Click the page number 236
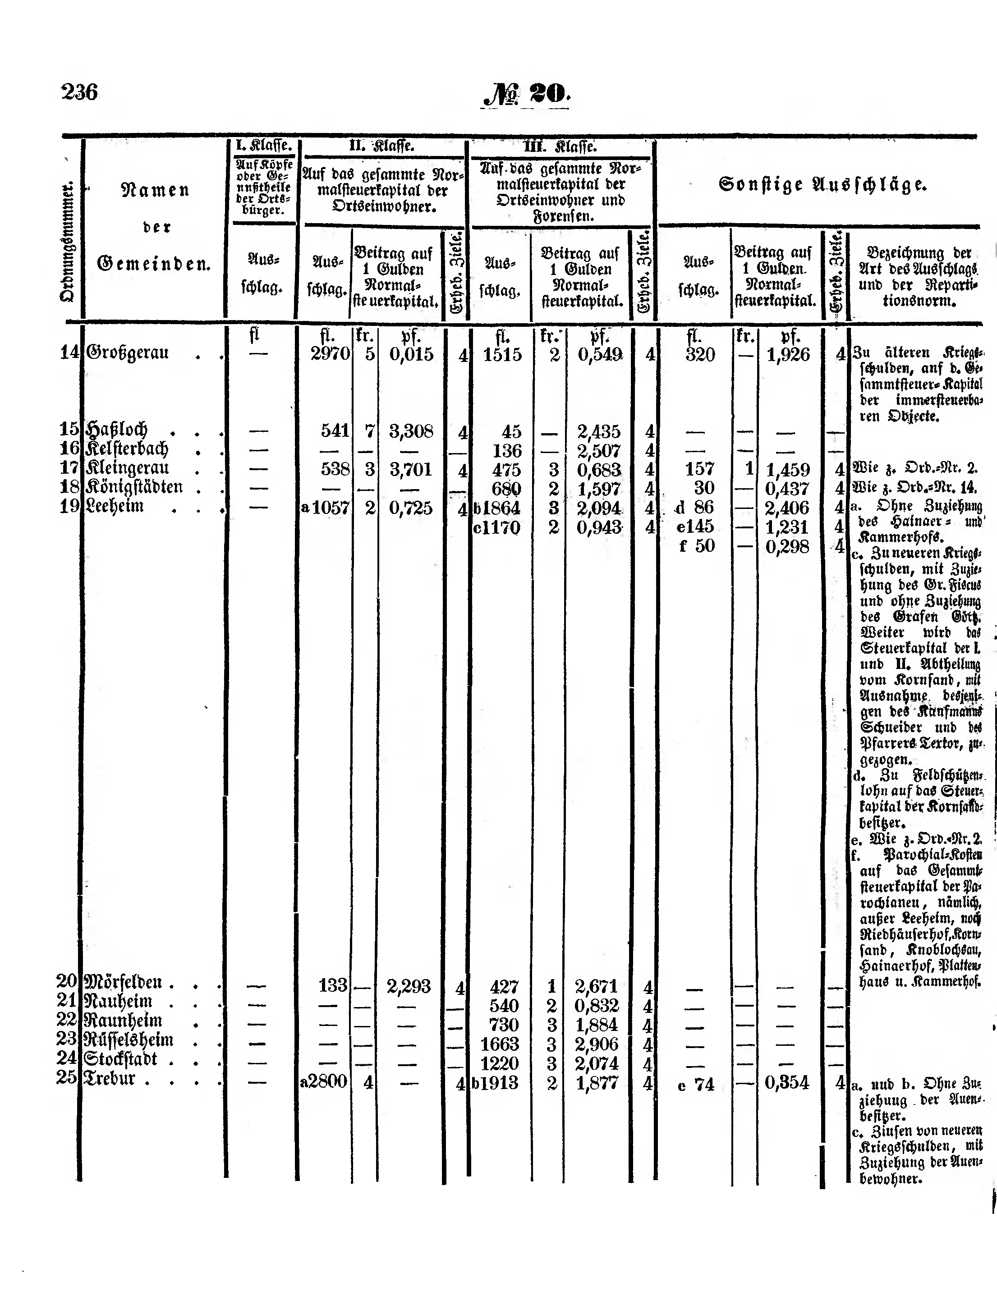pos(79,92)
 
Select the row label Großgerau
pos(128,353)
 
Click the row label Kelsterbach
pos(127,449)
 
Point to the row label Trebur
pos(110,1078)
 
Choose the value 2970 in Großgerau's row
pos(330,355)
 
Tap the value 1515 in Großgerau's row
pos(502,355)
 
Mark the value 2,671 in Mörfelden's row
pos(597,986)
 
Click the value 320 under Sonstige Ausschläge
pos(700,355)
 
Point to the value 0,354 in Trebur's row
pos(787,1082)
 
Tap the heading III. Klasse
pos(560,147)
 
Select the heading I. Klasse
pos(263,145)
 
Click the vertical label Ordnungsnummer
pos(68,242)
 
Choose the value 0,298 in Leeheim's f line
pos(787,546)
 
